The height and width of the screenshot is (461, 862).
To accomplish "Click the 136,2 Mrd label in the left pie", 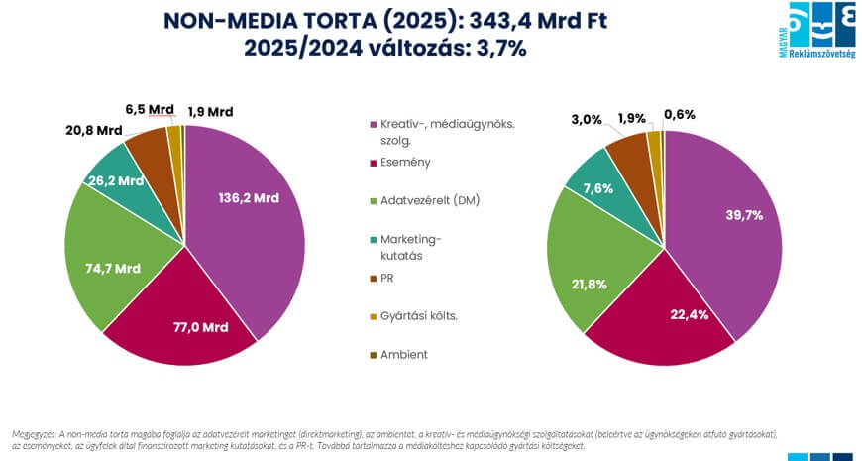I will [248, 197].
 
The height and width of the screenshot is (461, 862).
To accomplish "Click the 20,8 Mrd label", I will [95, 130].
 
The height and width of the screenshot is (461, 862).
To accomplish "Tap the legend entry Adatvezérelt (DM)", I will [424, 200].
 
